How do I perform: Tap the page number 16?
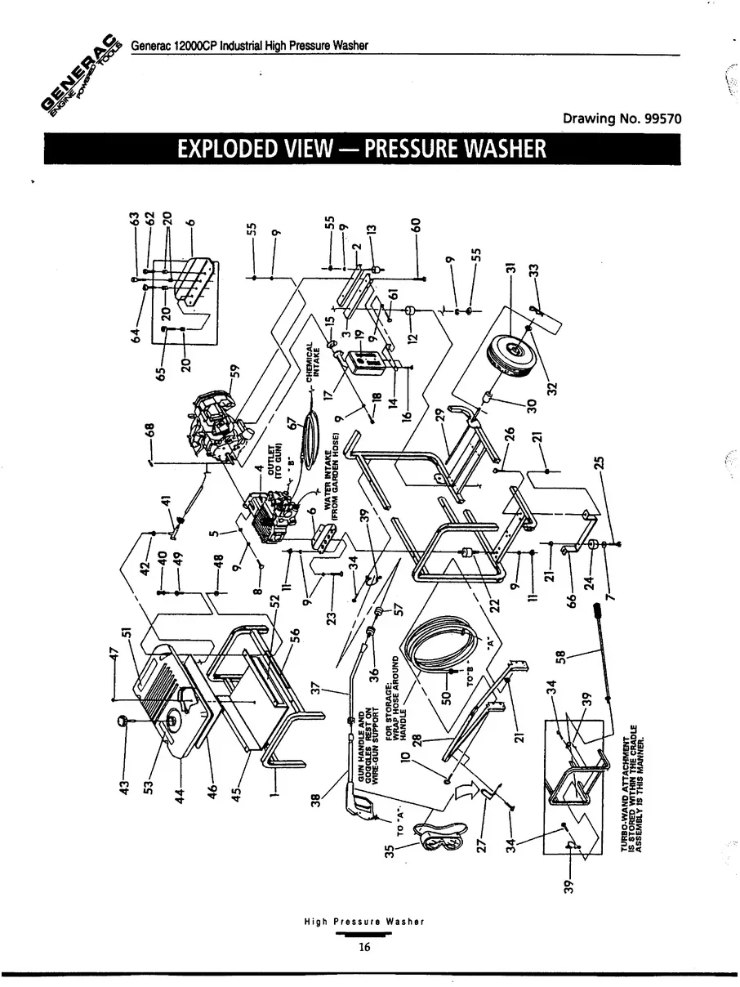point(363,948)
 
